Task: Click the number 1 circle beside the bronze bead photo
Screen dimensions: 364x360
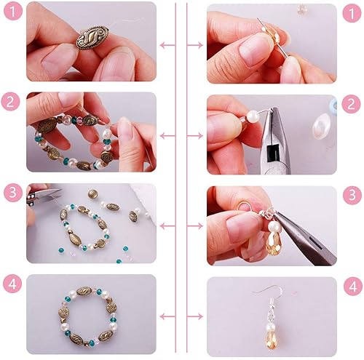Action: pyautogui.click(x=13, y=12)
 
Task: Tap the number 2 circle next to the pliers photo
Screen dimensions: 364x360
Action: pyautogui.click(x=351, y=104)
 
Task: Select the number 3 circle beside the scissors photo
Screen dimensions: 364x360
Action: pyautogui.click(x=13, y=193)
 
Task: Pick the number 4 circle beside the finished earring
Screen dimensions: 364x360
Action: pyautogui.click(x=353, y=287)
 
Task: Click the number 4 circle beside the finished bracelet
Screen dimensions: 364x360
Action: pyautogui.click(x=12, y=284)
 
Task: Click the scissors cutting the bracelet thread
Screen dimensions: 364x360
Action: pyautogui.click(x=44, y=197)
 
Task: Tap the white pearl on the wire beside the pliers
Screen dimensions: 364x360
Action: pyautogui.click(x=253, y=116)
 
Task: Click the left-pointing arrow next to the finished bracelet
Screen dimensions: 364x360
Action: pyautogui.click(x=167, y=316)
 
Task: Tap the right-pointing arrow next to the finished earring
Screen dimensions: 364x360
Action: pyautogui.click(x=195, y=316)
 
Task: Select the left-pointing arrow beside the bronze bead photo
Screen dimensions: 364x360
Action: pyautogui.click(x=167, y=45)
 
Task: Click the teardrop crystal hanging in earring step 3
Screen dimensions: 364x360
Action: pyautogui.click(x=274, y=243)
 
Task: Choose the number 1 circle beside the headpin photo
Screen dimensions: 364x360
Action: pyautogui.click(x=352, y=13)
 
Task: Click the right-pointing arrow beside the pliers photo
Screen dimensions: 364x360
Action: pyautogui.click(x=195, y=136)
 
